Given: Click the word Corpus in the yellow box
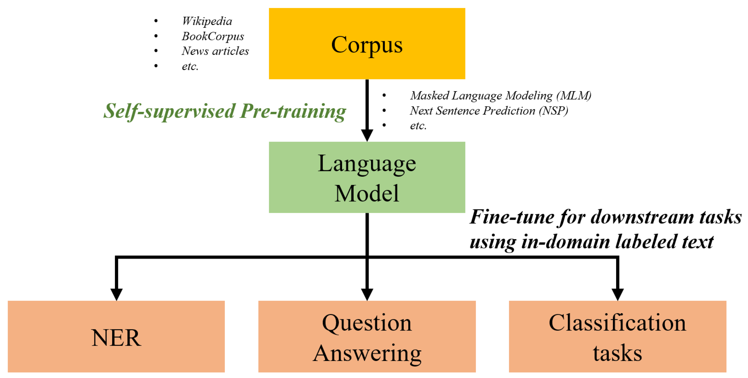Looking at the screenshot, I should pyautogui.click(x=367, y=45).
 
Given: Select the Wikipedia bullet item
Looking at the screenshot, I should pyautogui.click(x=207, y=21).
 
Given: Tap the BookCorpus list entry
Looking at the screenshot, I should pyautogui.click(x=213, y=36).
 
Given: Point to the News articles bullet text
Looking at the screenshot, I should pyautogui.click(x=215, y=51).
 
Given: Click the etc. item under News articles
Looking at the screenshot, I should pyautogui.click(x=190, y=66).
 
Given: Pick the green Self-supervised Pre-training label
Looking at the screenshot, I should pyautogui.click(x=224, y=111).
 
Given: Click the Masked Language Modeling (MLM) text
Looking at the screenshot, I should pyautogui.click(x=500, y=95).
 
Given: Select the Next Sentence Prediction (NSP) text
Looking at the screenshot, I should pyautogui.click(x=489, y=111).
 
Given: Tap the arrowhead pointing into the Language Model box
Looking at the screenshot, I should pyautogui.click(x=367, y=135).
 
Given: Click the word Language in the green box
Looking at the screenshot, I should pyautogui.click(x=367, y=164).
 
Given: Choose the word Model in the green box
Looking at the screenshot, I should pyautogui.click(x=367, y=193).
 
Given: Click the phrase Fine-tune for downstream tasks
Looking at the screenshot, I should pyautogui.click(x=606, y=217).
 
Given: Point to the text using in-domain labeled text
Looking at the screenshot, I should pyautogui.click(x=591, y=242).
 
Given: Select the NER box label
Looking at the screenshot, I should pyautogui.click(x=116, y=338).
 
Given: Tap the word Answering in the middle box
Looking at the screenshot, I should pyautogui.click(x=367, y=353).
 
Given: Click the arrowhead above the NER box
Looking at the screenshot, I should pyautogui.click(x=116, y=294).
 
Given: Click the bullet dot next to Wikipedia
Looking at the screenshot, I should pyautogui.click(x=156, y=21).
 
